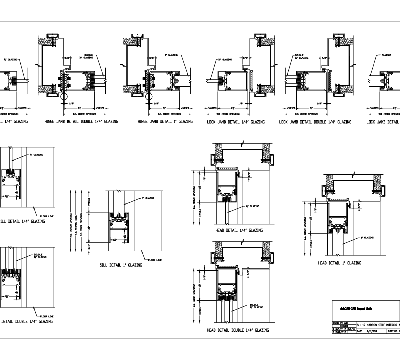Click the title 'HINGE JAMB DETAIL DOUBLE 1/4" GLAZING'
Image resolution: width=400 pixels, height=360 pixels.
pos(81,122)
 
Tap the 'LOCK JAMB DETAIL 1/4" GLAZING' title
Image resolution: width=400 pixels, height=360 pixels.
pos(236,122)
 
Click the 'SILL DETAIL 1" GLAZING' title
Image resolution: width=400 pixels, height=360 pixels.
pos(120,265)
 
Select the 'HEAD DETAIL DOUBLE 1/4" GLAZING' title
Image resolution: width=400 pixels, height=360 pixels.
pos(238,330)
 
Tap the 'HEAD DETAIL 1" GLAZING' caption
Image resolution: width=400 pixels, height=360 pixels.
pos(339,263)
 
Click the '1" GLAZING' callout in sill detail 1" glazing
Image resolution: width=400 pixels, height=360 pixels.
pos(147,198)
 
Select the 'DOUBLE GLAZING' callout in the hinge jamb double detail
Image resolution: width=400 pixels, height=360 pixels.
pos(89,57)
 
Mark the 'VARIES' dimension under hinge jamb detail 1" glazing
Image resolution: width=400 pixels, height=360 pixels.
pos(185,107)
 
